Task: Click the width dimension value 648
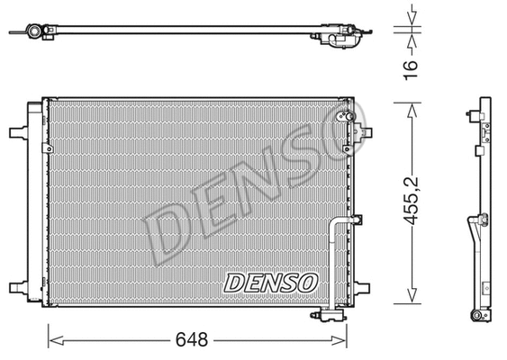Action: click(192, 340)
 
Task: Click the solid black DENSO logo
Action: click(271, 282)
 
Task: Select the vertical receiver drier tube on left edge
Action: click(37, 207)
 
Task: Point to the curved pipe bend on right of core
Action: click(339, 225)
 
